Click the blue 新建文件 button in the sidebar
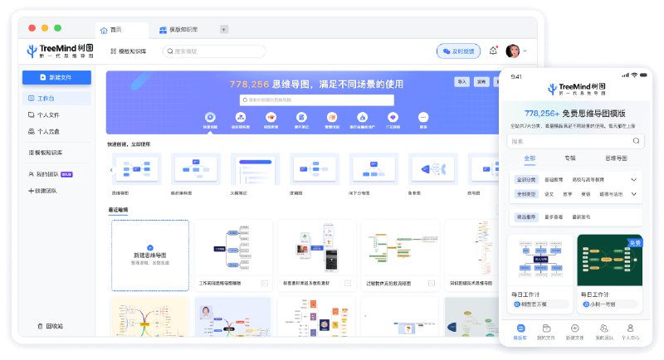(x=56, y=77)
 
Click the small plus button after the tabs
(x=224, y=30)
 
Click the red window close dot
(x=33, y=28)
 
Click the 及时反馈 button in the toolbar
(x=458, y=51)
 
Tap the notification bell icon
(x=494, y=51)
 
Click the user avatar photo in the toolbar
(x=513, y=51)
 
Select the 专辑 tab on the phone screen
(x=570, y=158)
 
